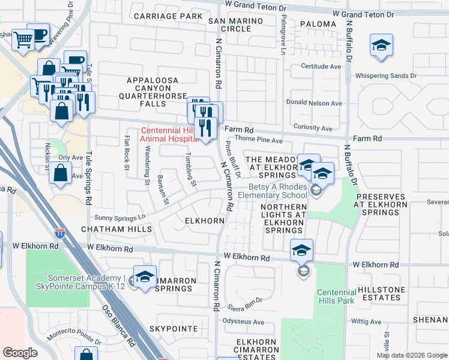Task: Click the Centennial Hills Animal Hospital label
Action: (169, 134)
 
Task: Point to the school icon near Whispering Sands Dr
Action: (381, 46)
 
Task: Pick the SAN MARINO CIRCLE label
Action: (230, 25)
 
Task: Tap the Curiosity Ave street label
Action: (313, 128)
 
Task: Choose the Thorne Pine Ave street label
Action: (259, 140)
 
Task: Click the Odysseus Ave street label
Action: (244, 322)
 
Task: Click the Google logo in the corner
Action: (20, 353)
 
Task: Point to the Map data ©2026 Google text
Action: (411, 355)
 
